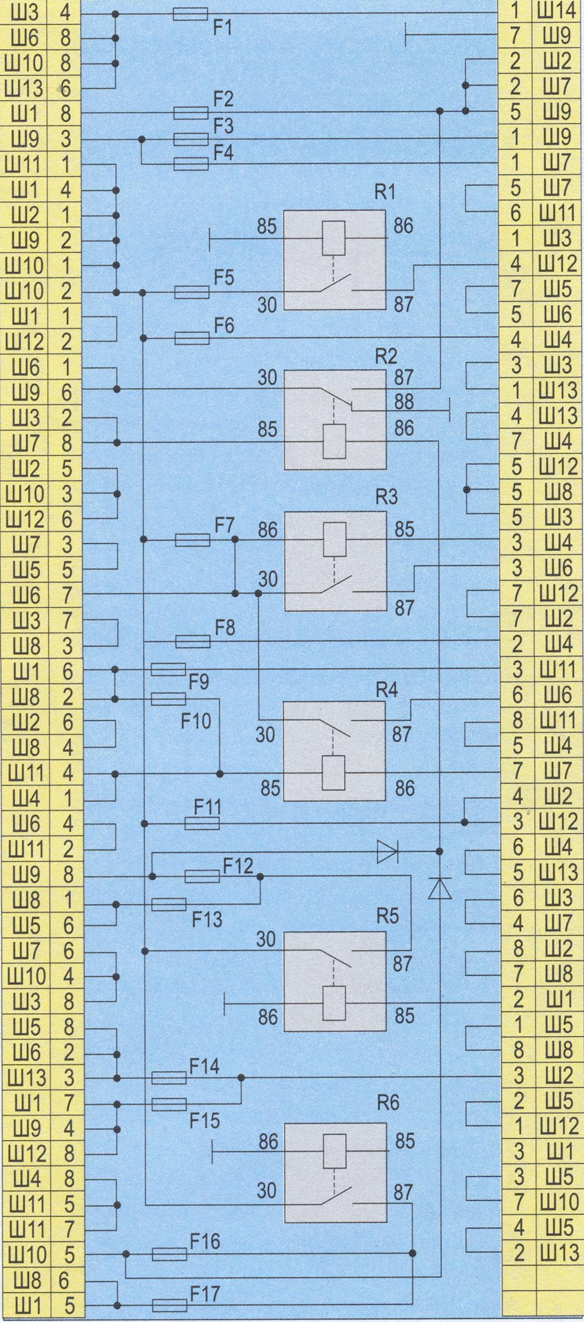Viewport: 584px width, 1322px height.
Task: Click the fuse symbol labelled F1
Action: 191,14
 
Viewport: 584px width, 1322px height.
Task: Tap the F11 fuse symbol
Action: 203,823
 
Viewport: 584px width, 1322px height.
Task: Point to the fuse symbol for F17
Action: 169,1305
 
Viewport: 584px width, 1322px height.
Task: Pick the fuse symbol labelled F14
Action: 169,1078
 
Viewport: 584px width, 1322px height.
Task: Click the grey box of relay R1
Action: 335,260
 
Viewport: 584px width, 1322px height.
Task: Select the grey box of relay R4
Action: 335,751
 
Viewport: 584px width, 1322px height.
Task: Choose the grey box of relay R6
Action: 335,1173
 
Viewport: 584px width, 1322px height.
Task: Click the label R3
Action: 386,498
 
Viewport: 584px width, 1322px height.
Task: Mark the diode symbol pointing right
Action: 388,852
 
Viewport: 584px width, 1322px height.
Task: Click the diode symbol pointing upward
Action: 439,888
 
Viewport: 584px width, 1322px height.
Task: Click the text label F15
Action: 205,1120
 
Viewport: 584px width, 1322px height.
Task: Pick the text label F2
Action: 222,99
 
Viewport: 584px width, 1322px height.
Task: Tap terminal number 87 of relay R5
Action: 403,964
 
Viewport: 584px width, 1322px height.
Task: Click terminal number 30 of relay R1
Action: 267,304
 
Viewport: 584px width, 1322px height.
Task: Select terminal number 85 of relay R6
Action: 405,1141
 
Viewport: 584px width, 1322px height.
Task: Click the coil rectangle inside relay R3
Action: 335,538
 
